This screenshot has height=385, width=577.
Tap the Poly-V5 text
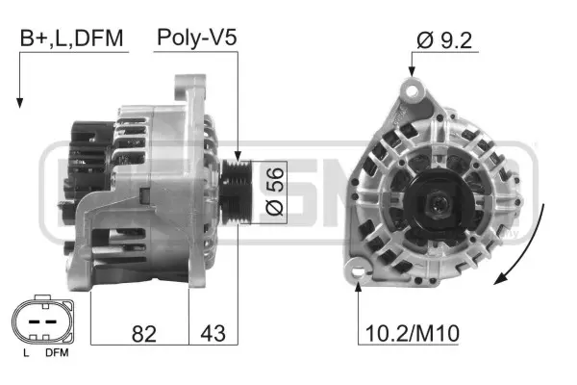click(x=196, y=38)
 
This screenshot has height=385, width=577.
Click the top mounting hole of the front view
click(x=414, y=90)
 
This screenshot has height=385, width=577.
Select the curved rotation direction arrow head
click(x=498, y=279)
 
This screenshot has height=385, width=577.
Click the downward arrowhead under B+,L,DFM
click(x=18, y=102)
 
